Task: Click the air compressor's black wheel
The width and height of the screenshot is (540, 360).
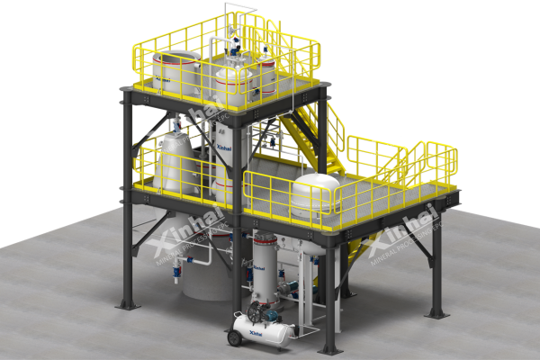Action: [x=237, y=337]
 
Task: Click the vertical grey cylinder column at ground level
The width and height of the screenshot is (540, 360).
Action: [x=265, y=270]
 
